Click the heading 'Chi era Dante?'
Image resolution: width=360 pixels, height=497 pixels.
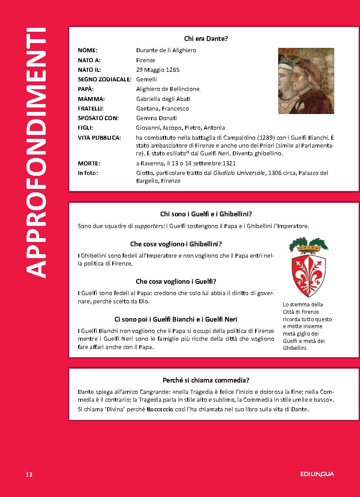pos(206,39)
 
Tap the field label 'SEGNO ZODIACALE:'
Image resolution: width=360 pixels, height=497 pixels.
pos(104,79)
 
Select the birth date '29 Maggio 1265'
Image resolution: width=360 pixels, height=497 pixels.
pos(158,70)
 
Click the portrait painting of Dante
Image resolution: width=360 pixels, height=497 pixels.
pos(306,81)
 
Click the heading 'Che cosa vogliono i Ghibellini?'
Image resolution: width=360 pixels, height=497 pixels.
pos(176,244)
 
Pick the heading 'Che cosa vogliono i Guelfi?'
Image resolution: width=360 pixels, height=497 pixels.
pos(176,281)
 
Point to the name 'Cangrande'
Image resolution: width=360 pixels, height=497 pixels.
pos(165,392)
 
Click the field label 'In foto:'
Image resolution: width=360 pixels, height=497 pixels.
pos(88,173)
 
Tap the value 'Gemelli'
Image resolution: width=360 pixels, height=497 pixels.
pos(146,79)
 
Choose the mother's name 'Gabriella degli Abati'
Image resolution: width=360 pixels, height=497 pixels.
pos(162,99)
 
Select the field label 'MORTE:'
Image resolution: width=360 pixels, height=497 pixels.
pos(89,164)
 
